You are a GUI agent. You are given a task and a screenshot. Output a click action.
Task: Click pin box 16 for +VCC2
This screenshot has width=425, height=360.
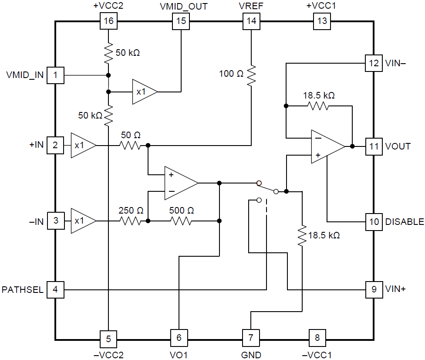click(x=108, y=21)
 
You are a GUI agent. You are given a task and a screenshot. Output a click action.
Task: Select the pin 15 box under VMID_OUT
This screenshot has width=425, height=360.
click(x=180, y=21)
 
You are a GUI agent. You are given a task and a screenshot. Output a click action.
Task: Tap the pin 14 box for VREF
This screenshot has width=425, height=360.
click(x=251, y=21)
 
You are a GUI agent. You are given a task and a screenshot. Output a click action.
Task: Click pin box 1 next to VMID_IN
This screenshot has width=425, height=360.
click(x=55, y=75)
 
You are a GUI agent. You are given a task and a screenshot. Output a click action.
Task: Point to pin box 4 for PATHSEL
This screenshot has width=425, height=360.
click(x=55, y=289)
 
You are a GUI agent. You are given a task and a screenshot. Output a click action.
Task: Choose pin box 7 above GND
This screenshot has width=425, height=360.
click(x=251, y=337)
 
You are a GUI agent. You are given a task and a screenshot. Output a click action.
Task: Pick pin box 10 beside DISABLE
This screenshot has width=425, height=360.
click(x=374, y=221)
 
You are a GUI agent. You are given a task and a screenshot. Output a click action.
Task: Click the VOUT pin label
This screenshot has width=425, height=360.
click(x=398, y=146)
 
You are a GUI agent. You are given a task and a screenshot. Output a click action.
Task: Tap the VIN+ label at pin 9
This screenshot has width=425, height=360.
click(x=395, y=289)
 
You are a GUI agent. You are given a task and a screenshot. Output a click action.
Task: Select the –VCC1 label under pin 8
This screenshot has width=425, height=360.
click(x=317, y=354)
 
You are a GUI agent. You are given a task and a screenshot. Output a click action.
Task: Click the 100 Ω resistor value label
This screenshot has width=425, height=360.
click(x=231, y=74)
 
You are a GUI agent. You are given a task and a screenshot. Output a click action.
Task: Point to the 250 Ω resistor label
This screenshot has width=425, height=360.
click(x=131, y=211)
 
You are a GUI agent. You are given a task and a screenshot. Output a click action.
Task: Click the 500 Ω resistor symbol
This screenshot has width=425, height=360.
click(x=181, y=221)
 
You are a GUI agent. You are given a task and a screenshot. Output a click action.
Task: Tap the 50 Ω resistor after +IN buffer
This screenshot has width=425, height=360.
click(x=131, y=145)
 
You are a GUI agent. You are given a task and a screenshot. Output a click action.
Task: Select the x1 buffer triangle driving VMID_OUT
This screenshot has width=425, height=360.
click(x=143, y=92)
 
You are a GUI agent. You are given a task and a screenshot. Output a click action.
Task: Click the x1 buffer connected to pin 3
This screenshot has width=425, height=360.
click(x=82, y=221)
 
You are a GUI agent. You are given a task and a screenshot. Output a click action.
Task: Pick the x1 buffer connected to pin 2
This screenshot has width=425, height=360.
click(x=82, y=145)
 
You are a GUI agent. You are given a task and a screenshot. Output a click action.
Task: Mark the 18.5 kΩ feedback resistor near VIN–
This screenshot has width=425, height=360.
click(x=318, y=106)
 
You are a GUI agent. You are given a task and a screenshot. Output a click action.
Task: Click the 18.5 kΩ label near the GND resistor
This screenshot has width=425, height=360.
click(x=324, y=235)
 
